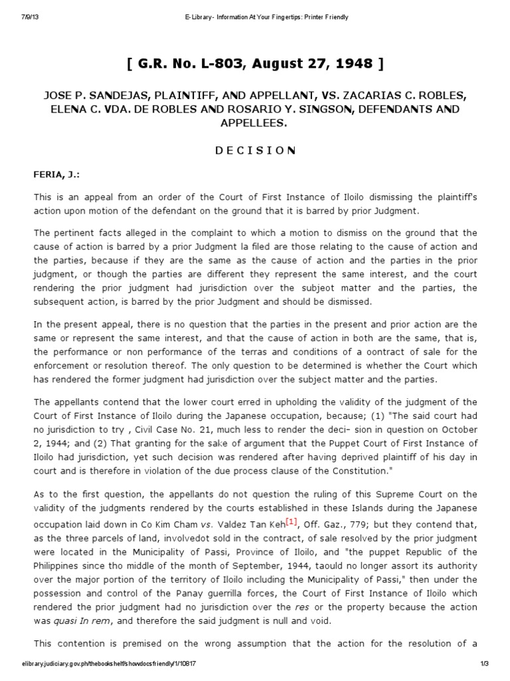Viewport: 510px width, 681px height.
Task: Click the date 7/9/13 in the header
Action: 25,17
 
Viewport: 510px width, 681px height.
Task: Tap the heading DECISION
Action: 255,150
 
